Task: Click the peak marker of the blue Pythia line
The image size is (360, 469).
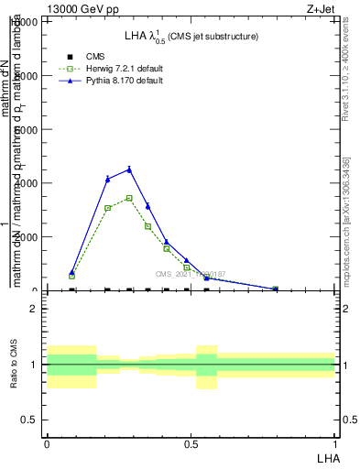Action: (129, 169)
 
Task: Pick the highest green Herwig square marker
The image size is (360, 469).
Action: (129, 198)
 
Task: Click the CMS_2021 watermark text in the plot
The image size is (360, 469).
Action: (190, 273)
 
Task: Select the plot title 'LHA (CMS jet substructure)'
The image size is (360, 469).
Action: (191, 36)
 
